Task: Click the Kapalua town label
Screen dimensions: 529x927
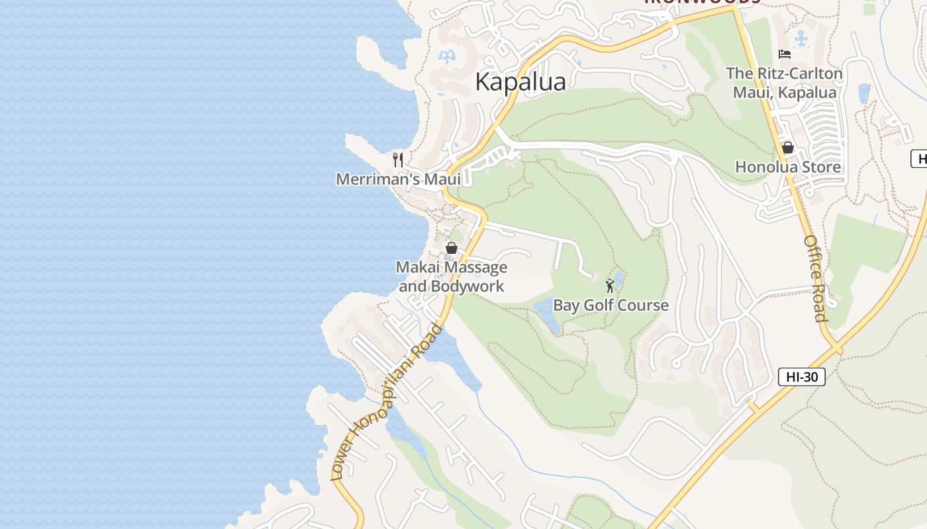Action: pos(520,81)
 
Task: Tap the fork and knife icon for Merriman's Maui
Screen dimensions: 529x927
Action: pos(398,159)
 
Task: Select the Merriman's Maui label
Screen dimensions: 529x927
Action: pos(398,179)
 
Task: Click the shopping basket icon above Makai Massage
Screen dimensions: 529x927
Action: pos(452,248)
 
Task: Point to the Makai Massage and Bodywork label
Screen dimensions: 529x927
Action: pos(452,276)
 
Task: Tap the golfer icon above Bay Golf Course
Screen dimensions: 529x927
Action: pos(610,286)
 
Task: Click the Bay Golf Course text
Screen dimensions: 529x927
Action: pos(610,305)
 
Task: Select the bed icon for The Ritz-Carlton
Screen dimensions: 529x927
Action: pos(785,54)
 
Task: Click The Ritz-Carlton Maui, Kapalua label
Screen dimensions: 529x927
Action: pos(785,83)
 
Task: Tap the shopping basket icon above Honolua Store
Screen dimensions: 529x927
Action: pos(788,147)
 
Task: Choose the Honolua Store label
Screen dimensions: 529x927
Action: pos(788,167)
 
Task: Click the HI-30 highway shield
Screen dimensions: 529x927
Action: pos(801,377)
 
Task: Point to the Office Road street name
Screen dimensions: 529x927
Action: pos(815,278)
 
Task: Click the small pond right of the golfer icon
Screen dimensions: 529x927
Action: pos(619,275)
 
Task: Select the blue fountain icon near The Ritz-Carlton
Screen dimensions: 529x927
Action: pos(802,38)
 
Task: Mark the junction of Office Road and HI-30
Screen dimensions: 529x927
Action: pos(836,346)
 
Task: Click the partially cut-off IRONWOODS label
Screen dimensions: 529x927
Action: pos(702,3)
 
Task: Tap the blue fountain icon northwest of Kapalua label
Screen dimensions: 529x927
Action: pos(448,56)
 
